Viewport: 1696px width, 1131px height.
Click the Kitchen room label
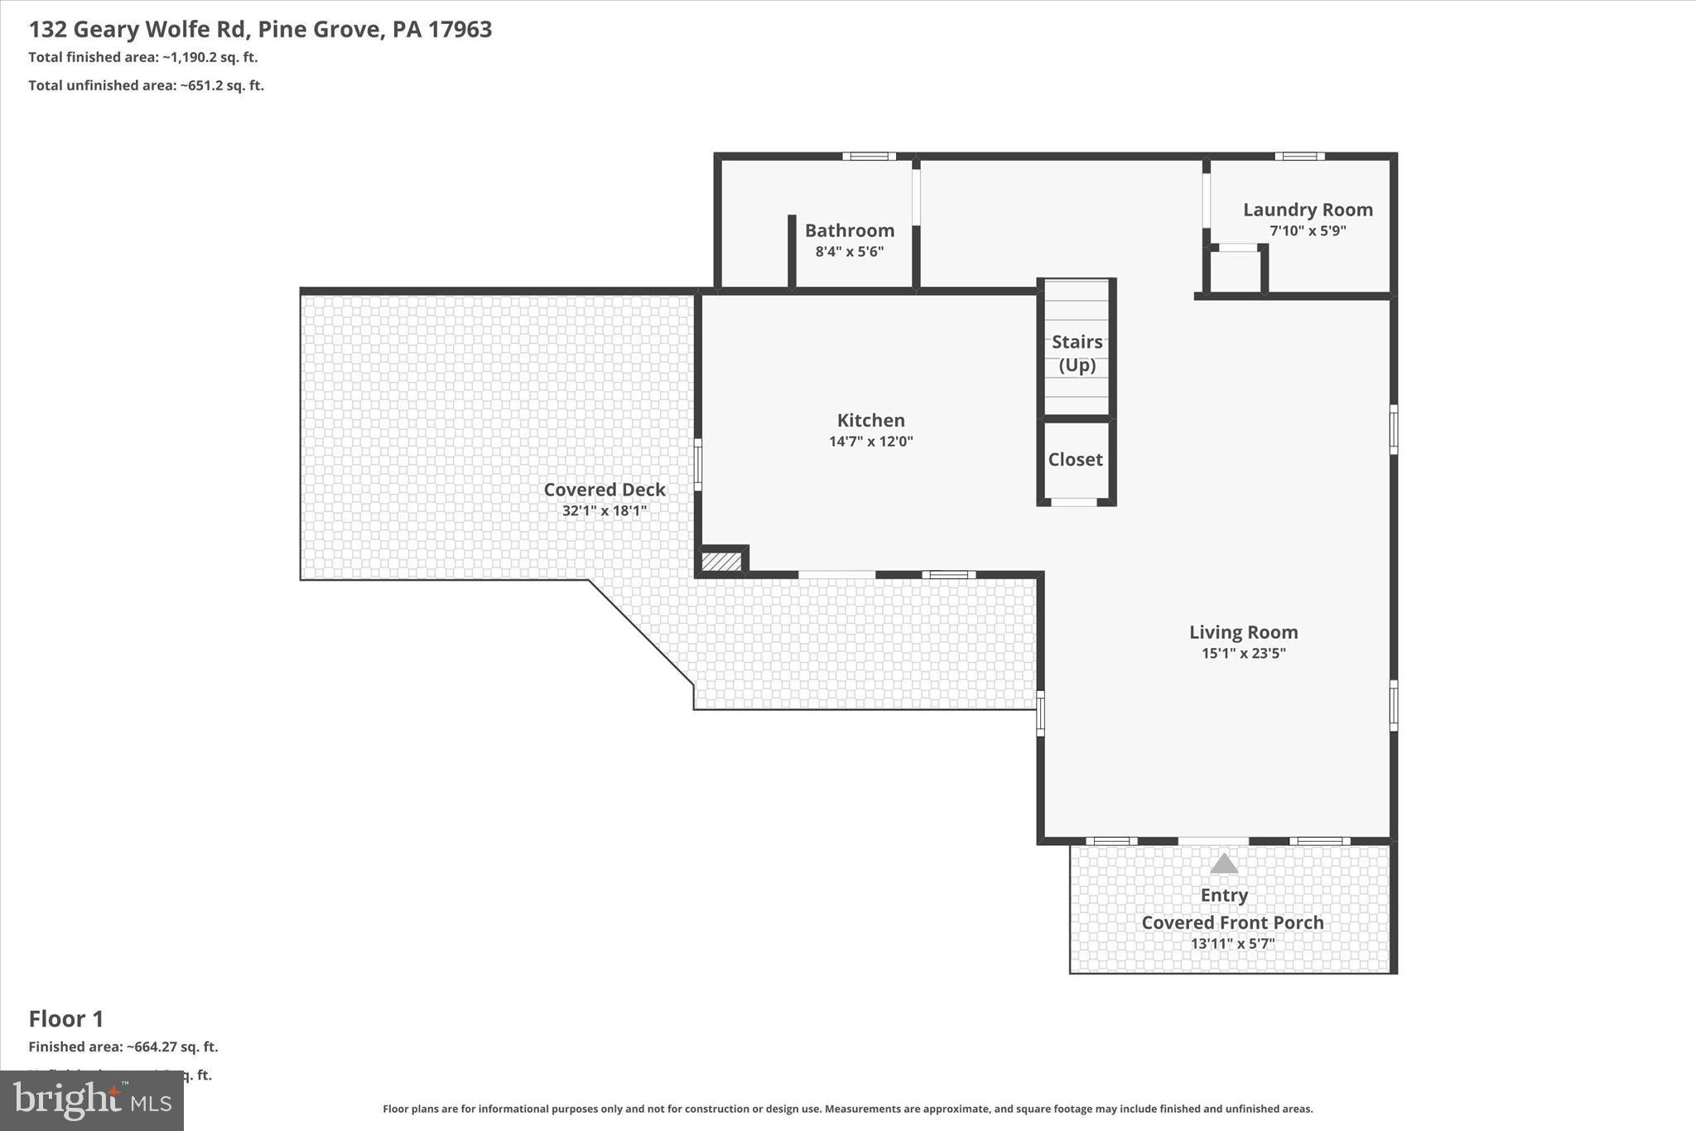point(870,420)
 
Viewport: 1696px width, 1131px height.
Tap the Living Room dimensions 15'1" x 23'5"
point(1243,653)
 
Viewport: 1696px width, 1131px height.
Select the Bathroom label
point(850,230)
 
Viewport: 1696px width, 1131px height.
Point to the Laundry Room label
point(1308,210)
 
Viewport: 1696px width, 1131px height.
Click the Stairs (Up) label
point(1077,353)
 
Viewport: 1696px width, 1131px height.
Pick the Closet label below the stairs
point(1075,459)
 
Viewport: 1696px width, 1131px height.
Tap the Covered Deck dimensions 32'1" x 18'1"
point(604,510)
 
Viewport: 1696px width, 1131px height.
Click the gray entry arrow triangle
point(1224,864)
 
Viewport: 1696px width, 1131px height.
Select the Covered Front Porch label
point(1232,922)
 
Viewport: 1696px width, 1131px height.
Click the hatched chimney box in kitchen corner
point(721,562)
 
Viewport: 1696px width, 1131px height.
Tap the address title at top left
point(260,30)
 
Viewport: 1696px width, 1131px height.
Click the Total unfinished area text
point(146,85)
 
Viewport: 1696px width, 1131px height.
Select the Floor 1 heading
point(66,1018)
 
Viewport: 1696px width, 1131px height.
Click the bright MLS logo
point(92,1100)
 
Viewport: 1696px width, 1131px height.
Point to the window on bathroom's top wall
point(869,157)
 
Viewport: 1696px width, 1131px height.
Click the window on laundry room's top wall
point(1298,157)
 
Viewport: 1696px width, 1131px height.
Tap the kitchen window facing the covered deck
point(698,465)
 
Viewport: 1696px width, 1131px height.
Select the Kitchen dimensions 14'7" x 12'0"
point(870,441)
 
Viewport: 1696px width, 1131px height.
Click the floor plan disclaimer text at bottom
point(847,1109)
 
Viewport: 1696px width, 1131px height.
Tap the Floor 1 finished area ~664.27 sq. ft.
point(123,1046)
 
